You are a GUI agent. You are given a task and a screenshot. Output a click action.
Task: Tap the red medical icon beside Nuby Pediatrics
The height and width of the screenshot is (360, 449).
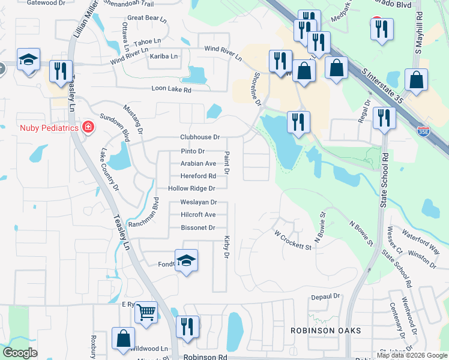pos(88,127)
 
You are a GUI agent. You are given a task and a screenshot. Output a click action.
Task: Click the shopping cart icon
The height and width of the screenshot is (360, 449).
pos(146,312)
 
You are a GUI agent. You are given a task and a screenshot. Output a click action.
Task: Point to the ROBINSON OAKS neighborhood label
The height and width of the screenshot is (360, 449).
pos(326,331)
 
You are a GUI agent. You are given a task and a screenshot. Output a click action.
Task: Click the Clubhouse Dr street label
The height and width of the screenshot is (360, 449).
pos(200,137)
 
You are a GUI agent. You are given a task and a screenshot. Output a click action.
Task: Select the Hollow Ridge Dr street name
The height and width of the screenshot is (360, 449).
pos(191,188)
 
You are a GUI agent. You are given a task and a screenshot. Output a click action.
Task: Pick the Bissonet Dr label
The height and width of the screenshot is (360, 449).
pos(197,228)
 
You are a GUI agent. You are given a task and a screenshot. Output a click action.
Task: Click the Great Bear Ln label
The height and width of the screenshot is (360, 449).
pos(147,18)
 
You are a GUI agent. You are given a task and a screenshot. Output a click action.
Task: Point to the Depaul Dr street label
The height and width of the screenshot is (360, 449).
pos(325,296)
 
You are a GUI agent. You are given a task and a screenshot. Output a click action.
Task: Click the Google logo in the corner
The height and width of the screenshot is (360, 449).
pos(21,353)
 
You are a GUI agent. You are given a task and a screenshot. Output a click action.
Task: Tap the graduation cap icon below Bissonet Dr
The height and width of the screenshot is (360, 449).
pos(186,261)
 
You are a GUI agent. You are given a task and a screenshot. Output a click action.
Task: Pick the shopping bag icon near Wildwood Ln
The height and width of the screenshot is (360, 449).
pos(123,338)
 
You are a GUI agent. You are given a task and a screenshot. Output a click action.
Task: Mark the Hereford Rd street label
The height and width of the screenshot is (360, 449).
pos(198,176)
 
